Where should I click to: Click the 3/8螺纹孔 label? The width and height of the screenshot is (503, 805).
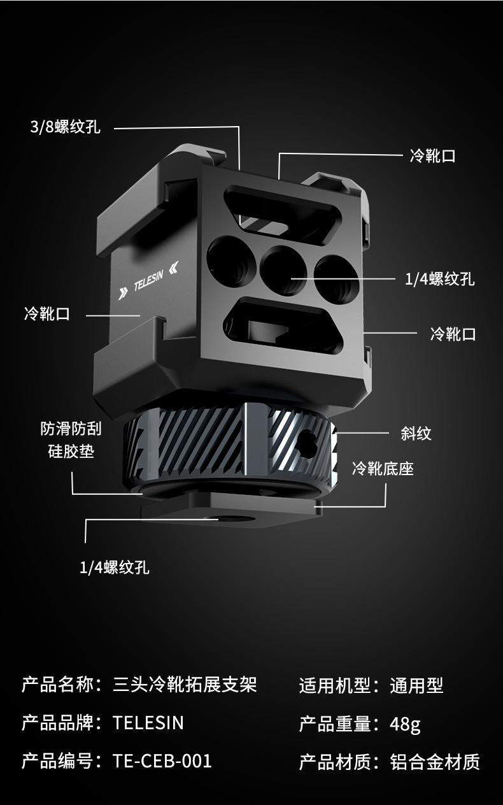click(65, 127)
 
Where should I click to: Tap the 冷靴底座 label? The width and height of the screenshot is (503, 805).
click(383, 469)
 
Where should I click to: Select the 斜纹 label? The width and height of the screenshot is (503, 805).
click(416, 434)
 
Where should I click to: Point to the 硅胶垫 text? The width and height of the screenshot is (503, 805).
click(71, 452)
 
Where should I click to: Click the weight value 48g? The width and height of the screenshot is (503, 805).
click(405, 724)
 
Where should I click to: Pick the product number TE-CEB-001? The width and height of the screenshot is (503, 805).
click(162, 761)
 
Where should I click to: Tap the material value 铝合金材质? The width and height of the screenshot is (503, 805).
click(435, 762)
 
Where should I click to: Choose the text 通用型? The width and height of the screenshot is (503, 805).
click(416, 686)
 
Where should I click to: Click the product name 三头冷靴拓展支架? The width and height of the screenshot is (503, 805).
click(185, 685)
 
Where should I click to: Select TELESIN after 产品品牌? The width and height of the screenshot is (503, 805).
click(148, 723)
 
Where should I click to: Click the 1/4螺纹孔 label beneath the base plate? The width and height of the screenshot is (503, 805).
click(114, 567)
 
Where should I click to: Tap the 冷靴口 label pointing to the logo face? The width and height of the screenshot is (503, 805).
click(46, 314)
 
